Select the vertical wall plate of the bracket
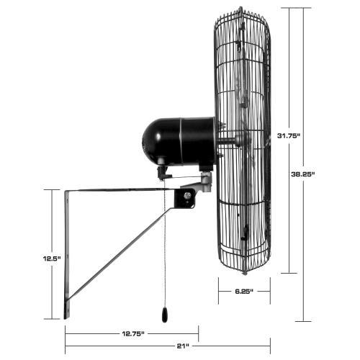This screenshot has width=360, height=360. tap(67, 252)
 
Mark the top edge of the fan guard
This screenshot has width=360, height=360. tap(243, 9)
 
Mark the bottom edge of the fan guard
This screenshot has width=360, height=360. tap(245, 271)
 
